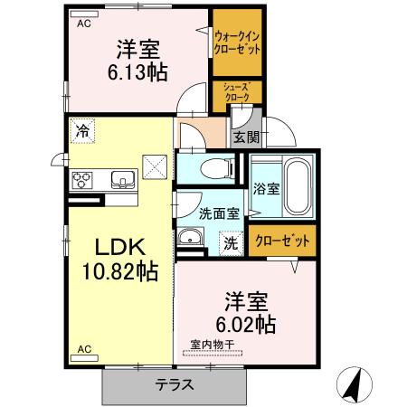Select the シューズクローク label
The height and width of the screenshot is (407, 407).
[237, 91]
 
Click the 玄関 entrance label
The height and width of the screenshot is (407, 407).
[245, 137]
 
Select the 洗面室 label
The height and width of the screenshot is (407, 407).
[218, 213]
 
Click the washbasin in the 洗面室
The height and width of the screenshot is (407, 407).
[191, 238]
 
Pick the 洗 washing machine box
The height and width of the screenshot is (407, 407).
[232, 242]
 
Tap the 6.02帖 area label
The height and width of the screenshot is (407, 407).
[245, 323]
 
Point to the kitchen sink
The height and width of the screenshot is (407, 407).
[122, 178]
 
